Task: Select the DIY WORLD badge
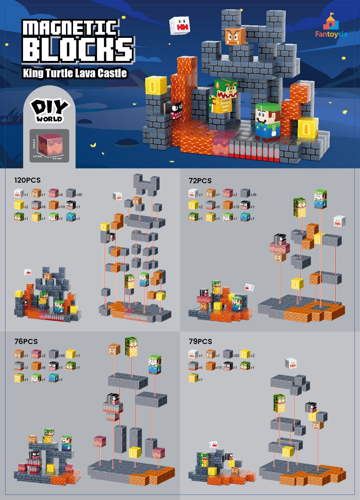50,111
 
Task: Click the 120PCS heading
27,180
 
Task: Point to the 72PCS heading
200,180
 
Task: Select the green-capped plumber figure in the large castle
268,121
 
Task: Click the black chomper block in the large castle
174,107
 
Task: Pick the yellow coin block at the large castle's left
156,86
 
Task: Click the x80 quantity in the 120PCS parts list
79,194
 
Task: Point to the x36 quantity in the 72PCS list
253,194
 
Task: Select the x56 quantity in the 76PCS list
62,355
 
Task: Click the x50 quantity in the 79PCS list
236,355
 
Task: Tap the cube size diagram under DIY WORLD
50,145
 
